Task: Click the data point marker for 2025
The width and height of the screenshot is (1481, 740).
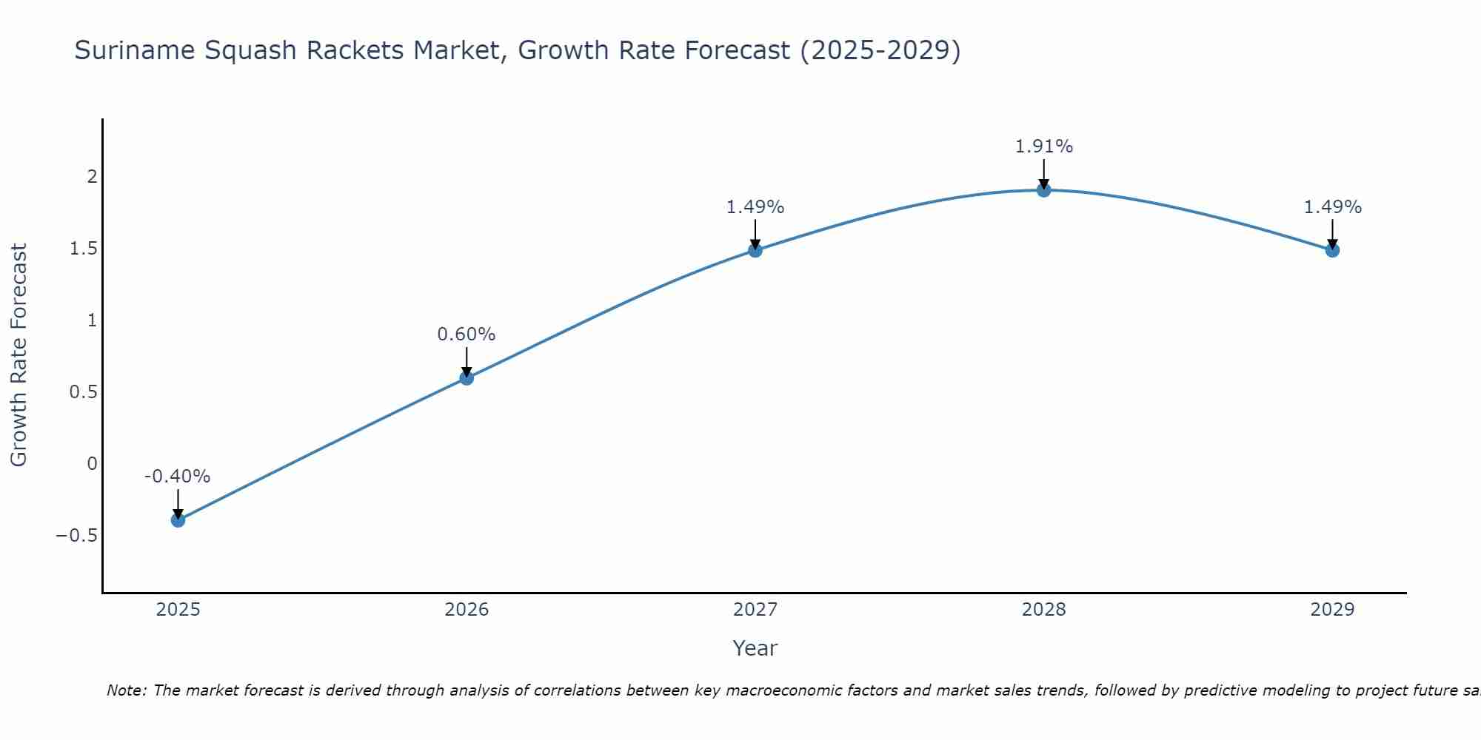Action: point(178,520)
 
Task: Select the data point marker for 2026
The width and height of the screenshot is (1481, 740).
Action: point(467,378)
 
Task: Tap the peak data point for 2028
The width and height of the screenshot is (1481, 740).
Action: point(1043,190)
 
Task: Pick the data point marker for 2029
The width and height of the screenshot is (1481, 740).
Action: point(1332,250)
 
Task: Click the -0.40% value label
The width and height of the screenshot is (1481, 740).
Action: point(177,477)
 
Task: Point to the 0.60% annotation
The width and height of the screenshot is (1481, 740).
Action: point(466,334)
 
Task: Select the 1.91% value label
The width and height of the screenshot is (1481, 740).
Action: point(1043,147)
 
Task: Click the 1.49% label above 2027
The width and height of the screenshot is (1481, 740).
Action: point(755,207)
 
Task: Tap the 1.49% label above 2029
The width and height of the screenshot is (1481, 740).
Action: point(1332,207)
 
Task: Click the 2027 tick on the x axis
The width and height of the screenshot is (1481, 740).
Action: point(755,610)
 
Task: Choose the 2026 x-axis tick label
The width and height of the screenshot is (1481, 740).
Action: point(467,610)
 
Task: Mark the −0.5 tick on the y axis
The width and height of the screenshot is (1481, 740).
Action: point(77,536)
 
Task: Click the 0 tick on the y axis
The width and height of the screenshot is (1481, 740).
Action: point(93,464)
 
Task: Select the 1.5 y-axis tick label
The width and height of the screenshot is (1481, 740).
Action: point(84,249)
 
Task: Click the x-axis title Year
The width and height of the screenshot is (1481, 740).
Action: point(755,649)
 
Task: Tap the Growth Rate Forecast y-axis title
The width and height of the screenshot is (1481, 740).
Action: point(19,355)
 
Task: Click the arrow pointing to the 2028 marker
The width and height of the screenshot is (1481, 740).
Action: point(1043,175)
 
